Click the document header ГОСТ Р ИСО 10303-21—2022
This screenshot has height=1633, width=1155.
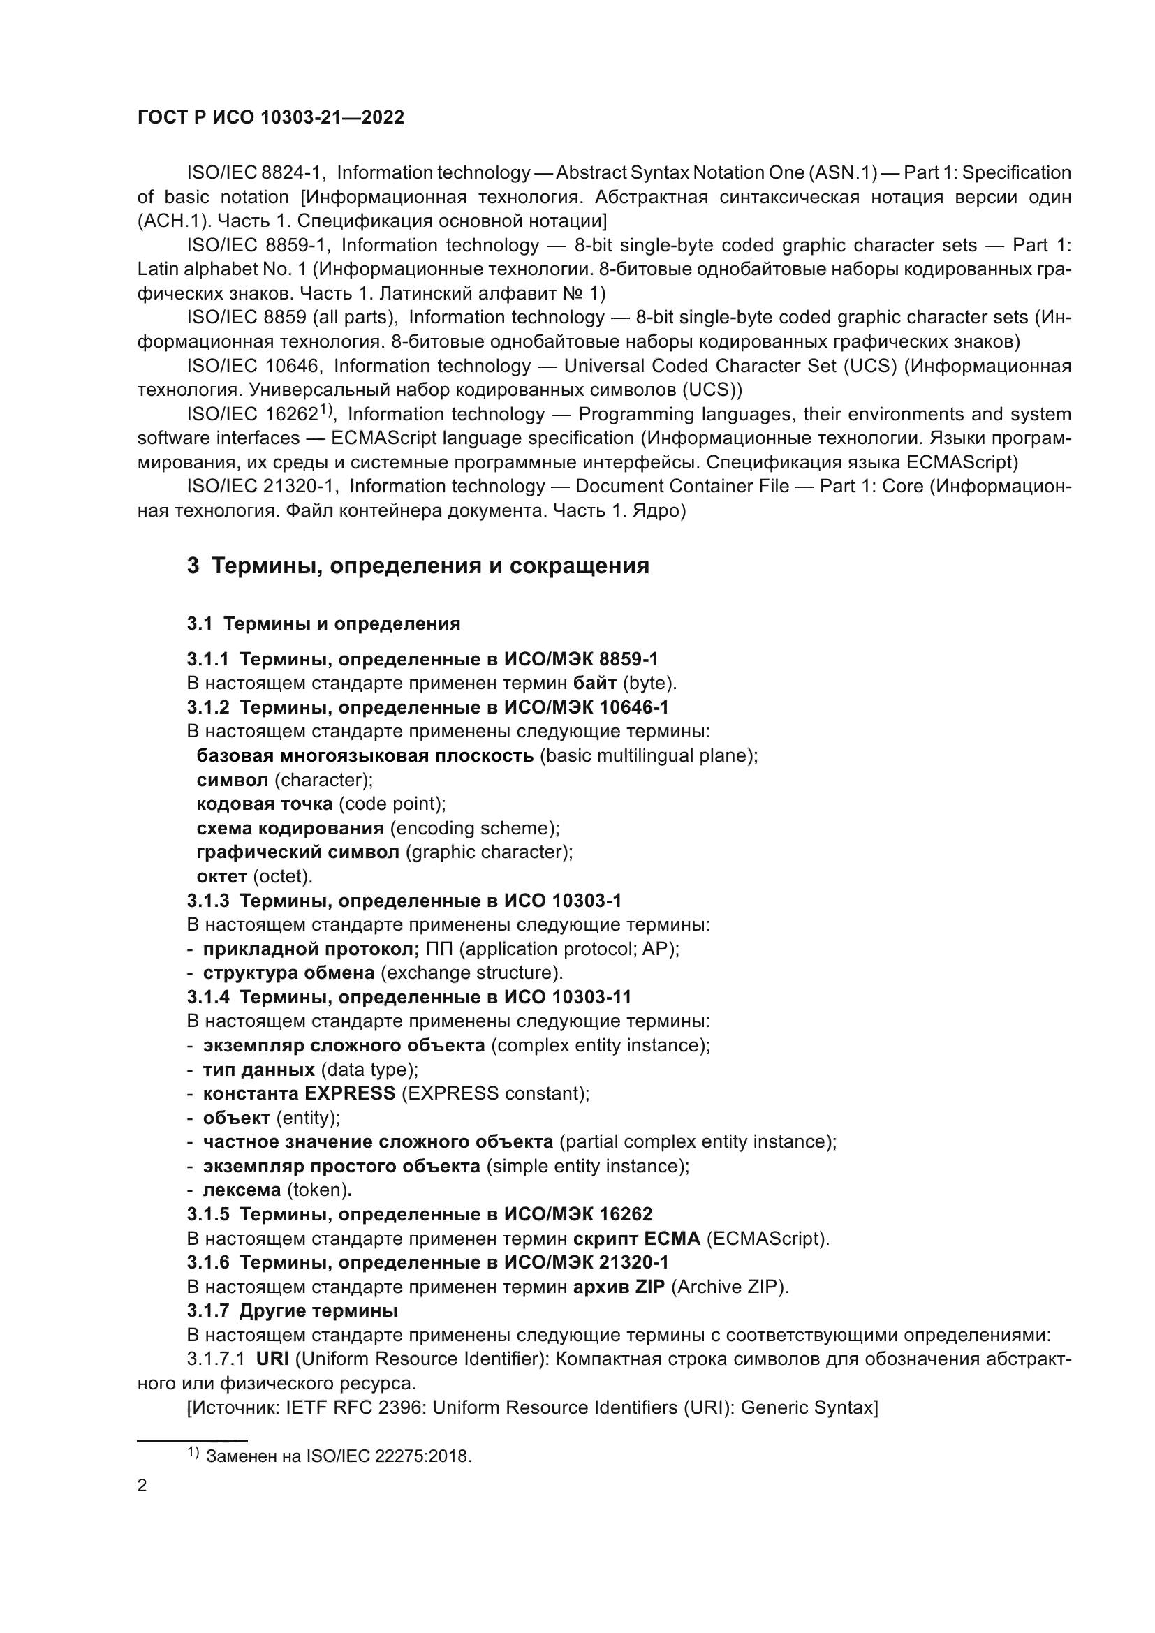pyautogui.click(x=270, y=118)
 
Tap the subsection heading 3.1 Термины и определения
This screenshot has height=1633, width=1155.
pyautogui.click(x=323, y=623)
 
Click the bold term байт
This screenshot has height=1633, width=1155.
pyautogui.click(x=594, y=684)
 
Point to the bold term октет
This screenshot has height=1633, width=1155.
pyautogui.click(x=221, y=876)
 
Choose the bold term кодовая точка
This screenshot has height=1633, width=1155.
pyautogui.click(x=264, y=804)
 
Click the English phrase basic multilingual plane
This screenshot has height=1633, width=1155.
pyautogui.click(x=649, y=755)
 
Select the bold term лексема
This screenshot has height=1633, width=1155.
pyautogui.click(x=242, y=1190)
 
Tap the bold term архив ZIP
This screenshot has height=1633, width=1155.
pyautogui.click(x=619, y=1287)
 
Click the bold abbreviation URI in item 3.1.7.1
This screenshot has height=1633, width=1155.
pyautogui.click(x=272, y=1359)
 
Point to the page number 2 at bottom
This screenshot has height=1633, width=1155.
pyautogui.click(x=142, y=1486)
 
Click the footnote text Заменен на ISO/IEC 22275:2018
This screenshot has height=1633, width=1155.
pyautogui.click(x=339, y=1456)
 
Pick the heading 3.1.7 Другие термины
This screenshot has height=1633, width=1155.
pyautogui.click(x=293, y=1311)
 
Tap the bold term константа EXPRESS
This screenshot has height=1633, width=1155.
pyautogui.click(x=299, y=1093)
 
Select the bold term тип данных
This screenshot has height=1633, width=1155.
pyautogui.click(x=259, y=1070)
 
